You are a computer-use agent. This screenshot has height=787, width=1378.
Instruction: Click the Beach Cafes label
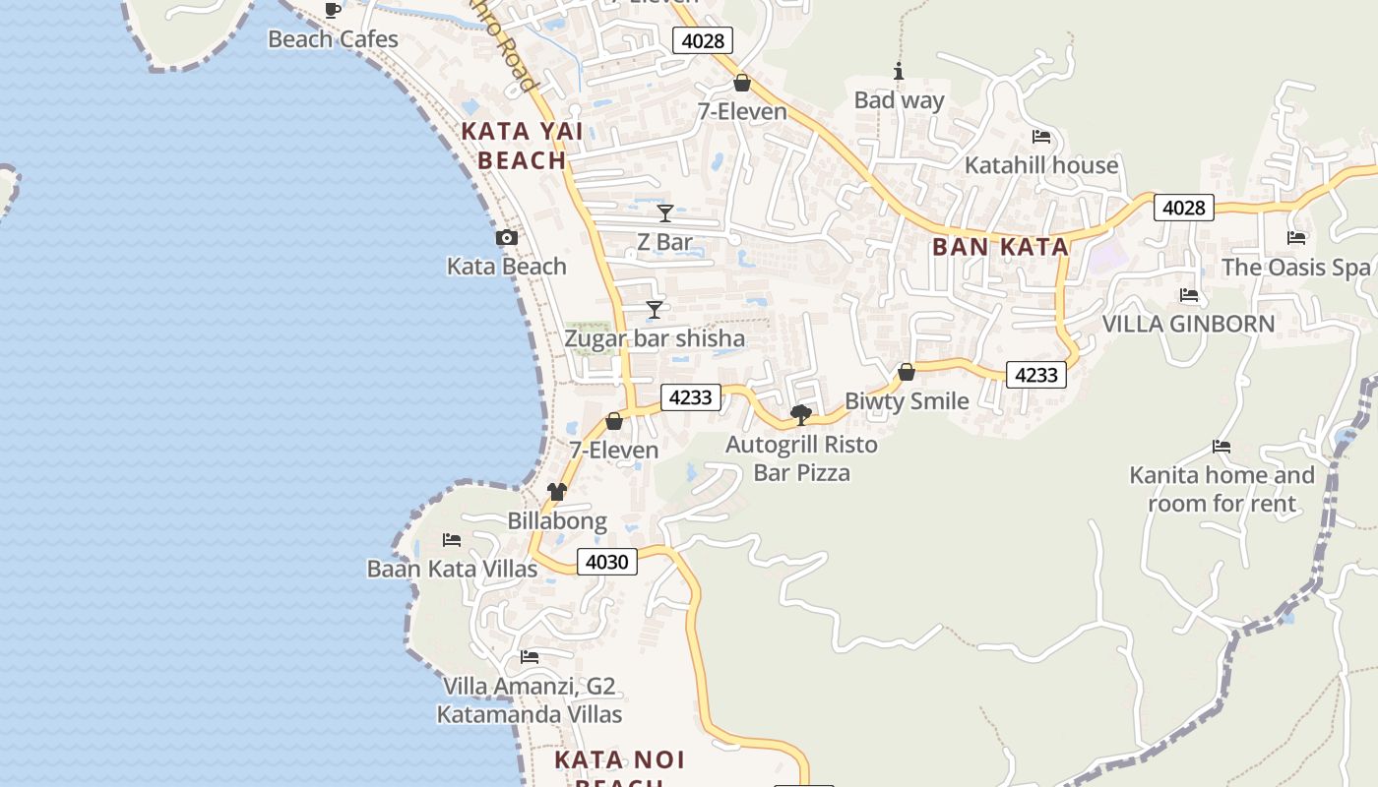(x=333, y=39)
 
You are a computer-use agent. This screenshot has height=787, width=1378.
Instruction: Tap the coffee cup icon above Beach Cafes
(x=333, y=11)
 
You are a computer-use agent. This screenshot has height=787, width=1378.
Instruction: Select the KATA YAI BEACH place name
(x=522, y=146)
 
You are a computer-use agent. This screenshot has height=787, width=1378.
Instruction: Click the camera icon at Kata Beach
(x=507, y=237)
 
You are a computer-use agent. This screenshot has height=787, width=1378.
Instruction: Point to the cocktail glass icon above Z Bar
(x=665, y=212)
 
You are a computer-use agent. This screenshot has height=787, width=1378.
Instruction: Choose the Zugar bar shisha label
(x=655, y=338)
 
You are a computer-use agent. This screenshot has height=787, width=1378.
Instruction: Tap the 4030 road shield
(x=606, y=562)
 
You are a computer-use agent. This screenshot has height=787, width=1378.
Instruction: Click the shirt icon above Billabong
(x=557, y=492)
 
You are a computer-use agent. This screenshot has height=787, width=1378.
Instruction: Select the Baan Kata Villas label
(x=452, y=569)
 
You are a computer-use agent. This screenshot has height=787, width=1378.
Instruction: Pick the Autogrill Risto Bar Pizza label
(x=801, y=458)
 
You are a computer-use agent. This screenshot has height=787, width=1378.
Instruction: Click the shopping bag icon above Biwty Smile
(x=907, y=372)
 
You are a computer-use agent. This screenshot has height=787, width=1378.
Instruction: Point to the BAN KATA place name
(x=1000, y=247)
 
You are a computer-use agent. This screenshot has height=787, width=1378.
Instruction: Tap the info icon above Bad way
(x=899, y=72)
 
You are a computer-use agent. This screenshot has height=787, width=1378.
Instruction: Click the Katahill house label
(x=1041, y=164)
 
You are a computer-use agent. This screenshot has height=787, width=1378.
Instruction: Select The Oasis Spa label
(x=1295, y=267)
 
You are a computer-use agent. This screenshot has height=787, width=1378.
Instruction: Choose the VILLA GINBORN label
(x=1188, y=324)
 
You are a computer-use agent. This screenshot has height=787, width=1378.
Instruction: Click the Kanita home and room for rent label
(x=1221, y=489)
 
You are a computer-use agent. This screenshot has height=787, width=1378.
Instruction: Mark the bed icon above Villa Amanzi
(x=530, y=656)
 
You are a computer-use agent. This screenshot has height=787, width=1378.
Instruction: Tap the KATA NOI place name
(x=619, y=760)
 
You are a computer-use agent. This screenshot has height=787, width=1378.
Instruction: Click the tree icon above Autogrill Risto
(x=801, y=414)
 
